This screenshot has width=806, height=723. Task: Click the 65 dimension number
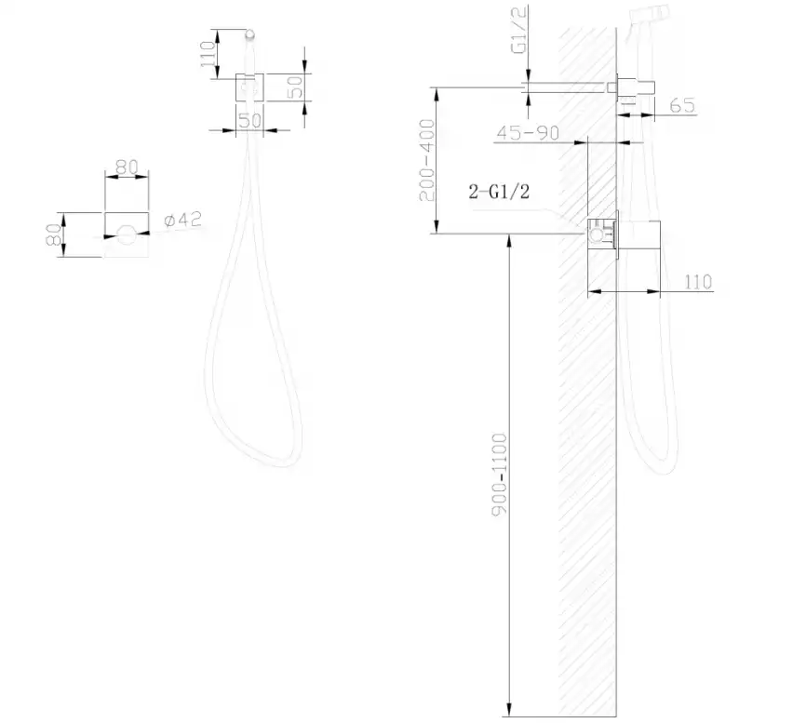point(682,106)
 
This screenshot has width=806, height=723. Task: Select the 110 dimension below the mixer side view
point(698,281)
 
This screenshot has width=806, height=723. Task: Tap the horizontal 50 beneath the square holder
point(249,120)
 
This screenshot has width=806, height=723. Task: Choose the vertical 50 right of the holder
point(297,87)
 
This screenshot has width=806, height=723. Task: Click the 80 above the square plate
point(126,167)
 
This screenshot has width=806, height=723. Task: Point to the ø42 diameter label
point(182,221)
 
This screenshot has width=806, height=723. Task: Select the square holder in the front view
point(249,87)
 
